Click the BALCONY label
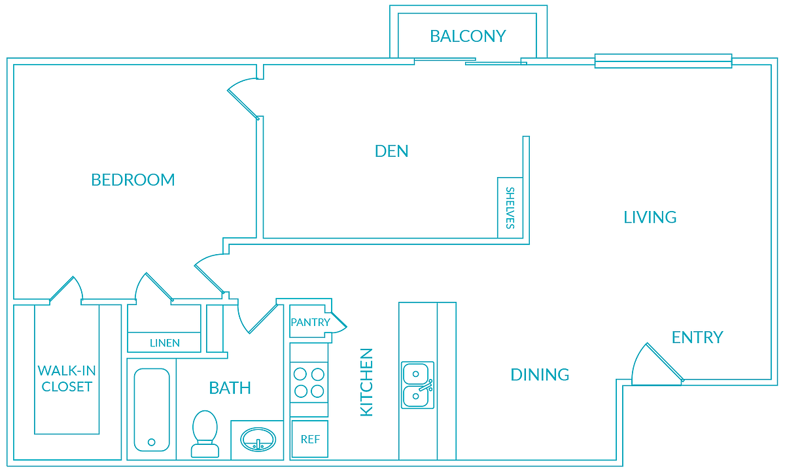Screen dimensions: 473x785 click(468, 36)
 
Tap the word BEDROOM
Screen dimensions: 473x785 click(133, 180)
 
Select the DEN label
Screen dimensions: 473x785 click(391, 151)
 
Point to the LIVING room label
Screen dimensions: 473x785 click(650, 217)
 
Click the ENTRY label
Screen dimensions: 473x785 click(697, 337)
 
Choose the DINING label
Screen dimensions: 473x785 click(540, 374)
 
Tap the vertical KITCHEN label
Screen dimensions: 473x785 click(366, 382)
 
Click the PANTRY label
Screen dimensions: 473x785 click(310, 322)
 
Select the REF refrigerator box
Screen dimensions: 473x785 click(309, 439)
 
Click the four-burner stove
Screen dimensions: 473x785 click(309, 383)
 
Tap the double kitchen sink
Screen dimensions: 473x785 click(417, 385)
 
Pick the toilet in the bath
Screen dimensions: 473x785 click(205, 433)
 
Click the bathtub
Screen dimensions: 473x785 click(151, 410)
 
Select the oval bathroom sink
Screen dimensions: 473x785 click(257, 440)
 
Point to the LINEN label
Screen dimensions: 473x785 click(164, 343)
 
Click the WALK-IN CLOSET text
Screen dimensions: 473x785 click(67, 378)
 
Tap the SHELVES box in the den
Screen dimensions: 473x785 click(510, 208)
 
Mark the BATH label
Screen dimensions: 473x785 click(230, 388)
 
